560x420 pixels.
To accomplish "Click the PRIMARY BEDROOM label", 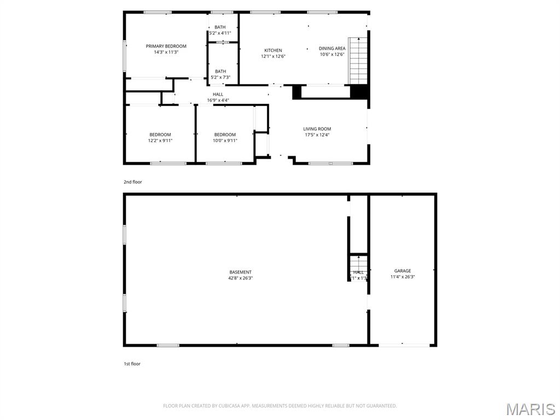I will click(166, 46).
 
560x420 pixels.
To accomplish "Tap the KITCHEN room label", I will click(273, 50).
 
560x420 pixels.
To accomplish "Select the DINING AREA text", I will click(332, 48).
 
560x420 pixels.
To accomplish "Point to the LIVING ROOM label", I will click(317, 129).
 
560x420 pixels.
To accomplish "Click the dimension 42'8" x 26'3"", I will click(240, 278).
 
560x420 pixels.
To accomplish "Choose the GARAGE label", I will click(402, 271).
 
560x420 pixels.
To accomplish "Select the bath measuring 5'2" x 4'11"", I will click(220, 30).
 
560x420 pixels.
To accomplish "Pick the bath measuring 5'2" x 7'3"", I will click(220, 74).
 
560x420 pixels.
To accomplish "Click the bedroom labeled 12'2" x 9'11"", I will click(160, 137).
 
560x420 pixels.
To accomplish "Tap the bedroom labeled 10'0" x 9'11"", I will click(225, 137).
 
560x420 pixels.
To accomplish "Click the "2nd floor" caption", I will click(132, 182).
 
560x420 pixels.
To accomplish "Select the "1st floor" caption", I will click(132, 364).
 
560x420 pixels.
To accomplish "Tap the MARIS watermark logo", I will click(530, 409).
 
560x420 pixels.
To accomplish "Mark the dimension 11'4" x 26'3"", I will click(402, 277).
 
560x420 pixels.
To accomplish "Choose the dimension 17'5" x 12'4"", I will click(317, 135).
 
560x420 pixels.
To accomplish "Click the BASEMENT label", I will click(240, 272).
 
